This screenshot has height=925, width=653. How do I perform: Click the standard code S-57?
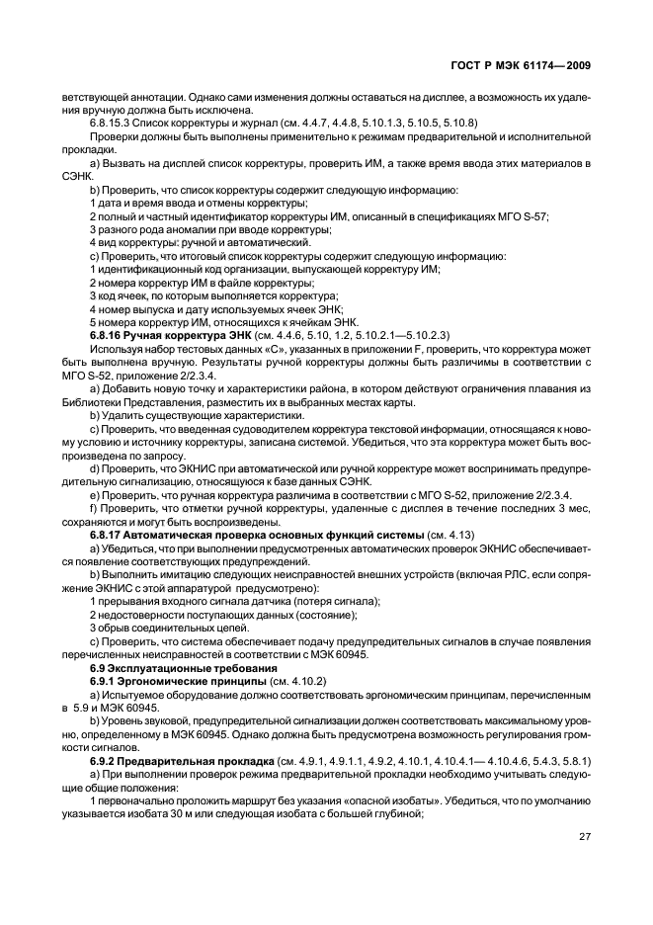[x=534, y=215]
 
